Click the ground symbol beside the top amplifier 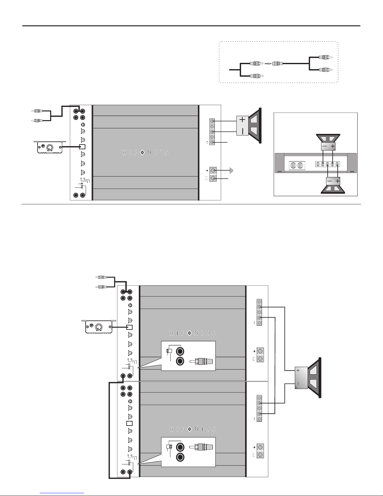click(x=231, y=170)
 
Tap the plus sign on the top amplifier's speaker click(x=242, y=119)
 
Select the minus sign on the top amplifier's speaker click(x=242, y=131)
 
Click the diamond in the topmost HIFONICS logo click(x=142, y=152)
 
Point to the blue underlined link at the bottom click(x=62, y=493)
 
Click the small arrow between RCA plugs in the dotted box click(x=268, y=64)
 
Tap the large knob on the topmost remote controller click(x=49, y=148)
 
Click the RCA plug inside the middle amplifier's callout click(x=201, y=361)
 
